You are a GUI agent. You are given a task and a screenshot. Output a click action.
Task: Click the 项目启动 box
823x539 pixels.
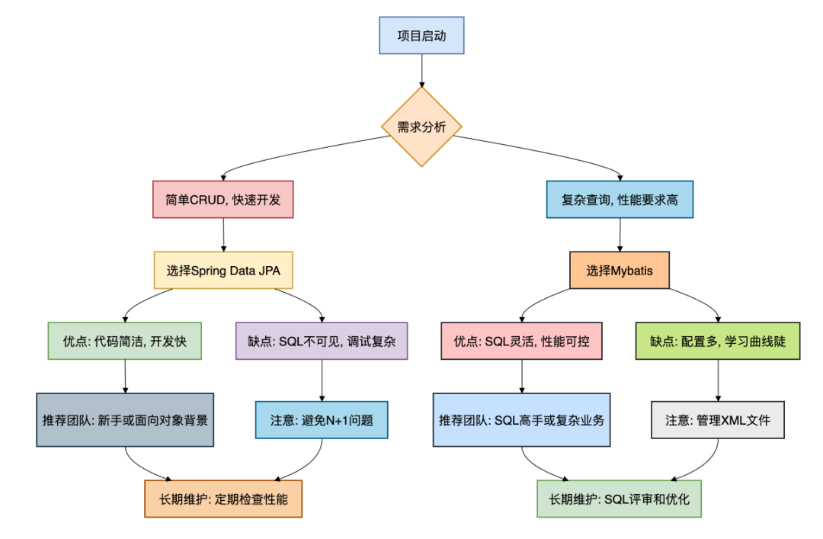[421, 36]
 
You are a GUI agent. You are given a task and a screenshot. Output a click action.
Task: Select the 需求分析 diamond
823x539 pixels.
[421, 127]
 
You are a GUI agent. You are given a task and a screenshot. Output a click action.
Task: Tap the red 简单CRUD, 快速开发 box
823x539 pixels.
[223, 201]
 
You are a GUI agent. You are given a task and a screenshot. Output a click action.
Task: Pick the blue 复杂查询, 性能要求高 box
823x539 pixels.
[620, 201]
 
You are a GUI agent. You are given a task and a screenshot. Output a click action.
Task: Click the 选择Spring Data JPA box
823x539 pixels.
[223, 270]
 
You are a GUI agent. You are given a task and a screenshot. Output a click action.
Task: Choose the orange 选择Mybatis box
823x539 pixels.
[620, 270]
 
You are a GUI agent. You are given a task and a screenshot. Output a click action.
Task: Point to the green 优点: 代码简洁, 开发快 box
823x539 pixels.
[125, 341]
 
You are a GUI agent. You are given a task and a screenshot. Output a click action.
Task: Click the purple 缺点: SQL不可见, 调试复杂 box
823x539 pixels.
[322, 341]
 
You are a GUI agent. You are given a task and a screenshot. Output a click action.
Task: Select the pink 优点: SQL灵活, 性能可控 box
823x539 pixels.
[521, 341]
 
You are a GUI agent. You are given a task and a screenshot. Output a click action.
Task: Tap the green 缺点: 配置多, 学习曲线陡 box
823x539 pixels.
[719, 341]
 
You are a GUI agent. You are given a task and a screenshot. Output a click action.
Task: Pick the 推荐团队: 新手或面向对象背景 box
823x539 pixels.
[125, 419]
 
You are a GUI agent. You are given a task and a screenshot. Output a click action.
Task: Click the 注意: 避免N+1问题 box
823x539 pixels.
[322, 420]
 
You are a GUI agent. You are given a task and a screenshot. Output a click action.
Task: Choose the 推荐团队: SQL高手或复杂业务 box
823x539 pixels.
[521, 419]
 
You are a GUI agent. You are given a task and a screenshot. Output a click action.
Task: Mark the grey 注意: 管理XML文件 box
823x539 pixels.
[719, 420]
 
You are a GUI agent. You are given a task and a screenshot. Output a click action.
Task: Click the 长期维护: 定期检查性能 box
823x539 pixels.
[223, 499]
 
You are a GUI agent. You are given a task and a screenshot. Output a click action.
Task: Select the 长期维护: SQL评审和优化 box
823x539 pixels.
[619, 499]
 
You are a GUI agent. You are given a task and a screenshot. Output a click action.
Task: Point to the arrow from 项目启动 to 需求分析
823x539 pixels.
[421, 69]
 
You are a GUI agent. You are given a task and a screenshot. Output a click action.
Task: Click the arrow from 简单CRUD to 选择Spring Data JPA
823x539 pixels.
[223, 235]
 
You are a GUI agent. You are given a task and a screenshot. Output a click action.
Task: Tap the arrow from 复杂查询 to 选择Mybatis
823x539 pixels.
[620, 235]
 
